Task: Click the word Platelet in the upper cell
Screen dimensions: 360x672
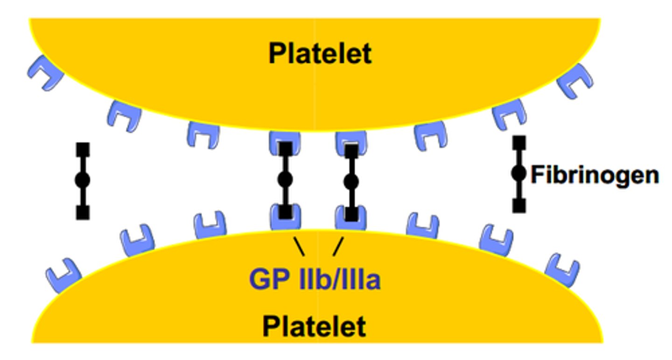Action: point(320,54)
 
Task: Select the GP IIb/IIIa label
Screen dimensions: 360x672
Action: point(315,280)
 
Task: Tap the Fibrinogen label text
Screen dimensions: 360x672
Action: point(595,175)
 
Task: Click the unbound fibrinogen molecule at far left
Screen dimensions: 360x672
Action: point(83,181)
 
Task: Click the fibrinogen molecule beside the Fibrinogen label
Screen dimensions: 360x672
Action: point(518,174)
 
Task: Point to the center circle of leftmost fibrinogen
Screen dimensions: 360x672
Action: point(83,180)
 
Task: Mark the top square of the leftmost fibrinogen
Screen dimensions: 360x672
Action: point(83,149)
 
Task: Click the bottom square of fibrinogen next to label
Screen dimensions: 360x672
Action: point(518,205)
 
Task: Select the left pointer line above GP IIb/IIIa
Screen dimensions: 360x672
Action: point(299,247)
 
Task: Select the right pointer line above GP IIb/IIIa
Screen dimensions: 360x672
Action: point(338,247)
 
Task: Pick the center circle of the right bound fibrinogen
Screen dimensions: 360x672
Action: point(351,181)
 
